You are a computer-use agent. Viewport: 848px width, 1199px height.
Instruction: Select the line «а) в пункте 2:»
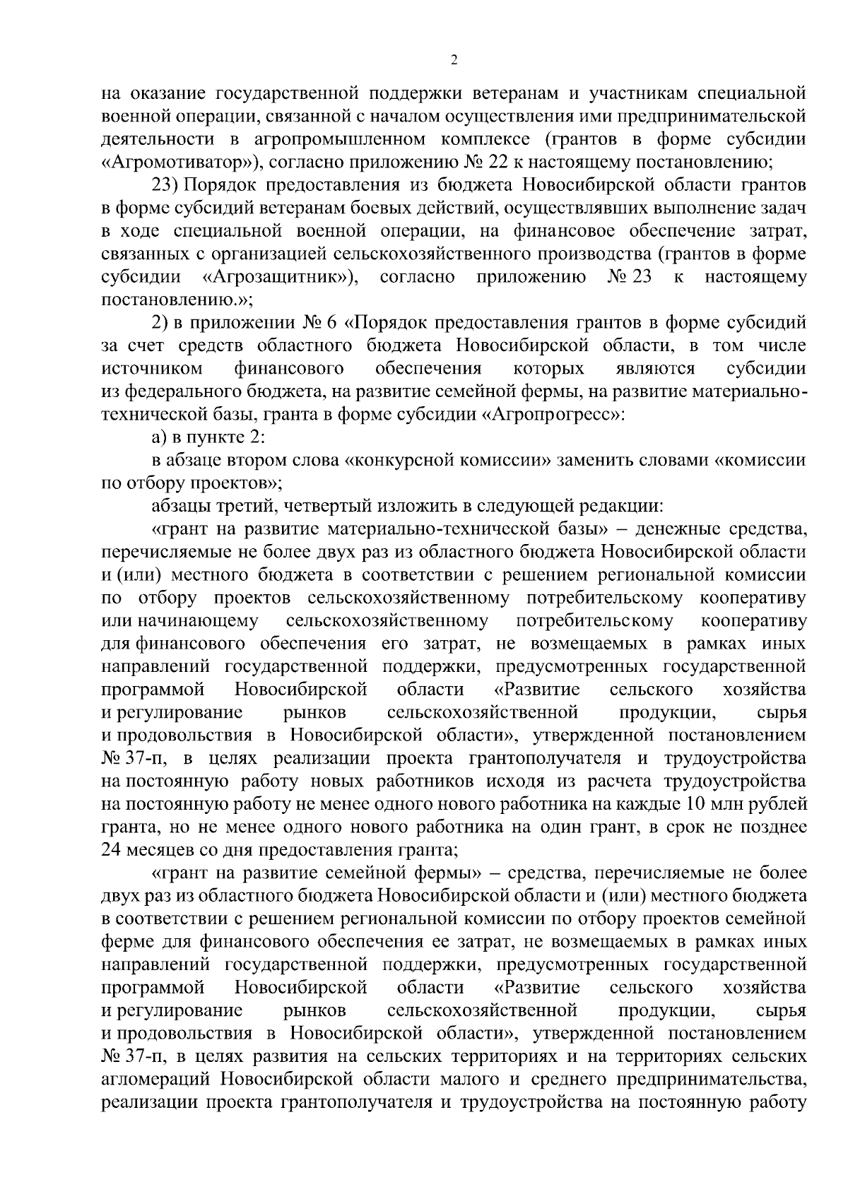tap(208, 438)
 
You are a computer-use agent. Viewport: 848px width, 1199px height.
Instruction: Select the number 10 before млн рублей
tap(694, 805)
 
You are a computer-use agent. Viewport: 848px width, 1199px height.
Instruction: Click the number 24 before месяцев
tap(113, 851)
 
